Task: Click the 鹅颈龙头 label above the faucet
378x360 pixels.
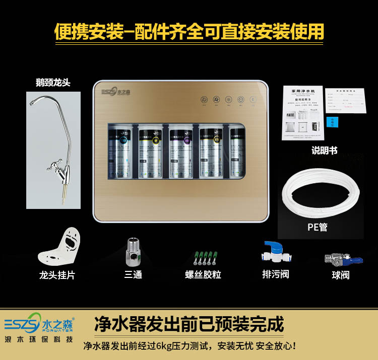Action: click(53, 83)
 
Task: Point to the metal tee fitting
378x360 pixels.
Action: click(134, 252)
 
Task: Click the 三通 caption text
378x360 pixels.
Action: click(134, 275)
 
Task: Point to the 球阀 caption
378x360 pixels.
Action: click(341, 275)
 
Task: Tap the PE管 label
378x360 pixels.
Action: click(318, 227)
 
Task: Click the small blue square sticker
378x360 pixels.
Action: click(332, 122)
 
